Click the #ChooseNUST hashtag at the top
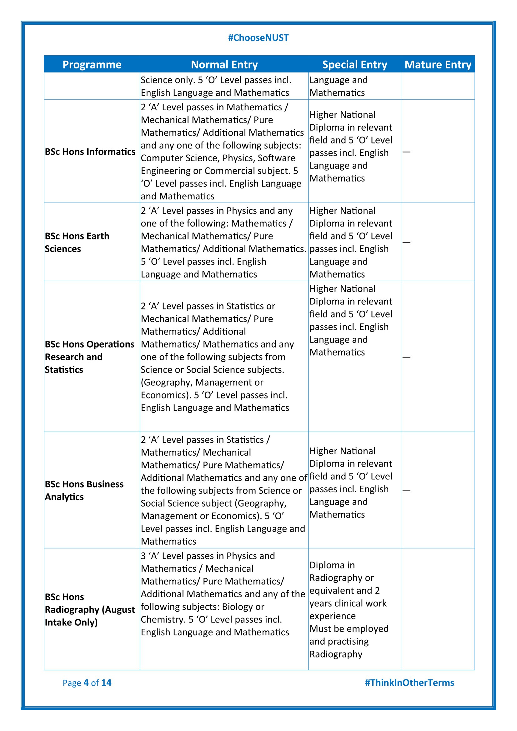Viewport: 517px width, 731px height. pyautogui.click(x=258, y=38)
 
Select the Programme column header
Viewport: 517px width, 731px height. pyautogui.click(x=92, y=65)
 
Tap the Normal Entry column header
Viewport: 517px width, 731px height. pyautogui.click(x=224, y=65)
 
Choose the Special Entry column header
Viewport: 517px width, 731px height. pyautogui.click(x=355, y=65)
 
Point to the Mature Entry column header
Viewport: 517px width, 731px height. pyautogui.click(x=438, y=65)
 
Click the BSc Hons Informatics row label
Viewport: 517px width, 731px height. pyautogui.click(x=90, y=152)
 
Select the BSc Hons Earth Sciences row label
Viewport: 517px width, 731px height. pyautogui.click(x=77, y=242)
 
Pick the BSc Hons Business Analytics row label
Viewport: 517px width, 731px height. pyautogui.click(x=84, y=490)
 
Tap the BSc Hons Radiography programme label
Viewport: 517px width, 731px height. pyautogui.click(x=90, y=609)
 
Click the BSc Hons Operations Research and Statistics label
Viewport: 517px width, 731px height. pyautogui.click(x=89, y=357)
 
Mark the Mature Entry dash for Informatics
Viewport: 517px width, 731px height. pyautogui.click(x=406, y=152)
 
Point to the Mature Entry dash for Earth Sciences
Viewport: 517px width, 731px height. pyautogui.click(x=406, y=243)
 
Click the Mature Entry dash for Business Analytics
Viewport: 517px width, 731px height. pyautogui.click(x=406, y=491)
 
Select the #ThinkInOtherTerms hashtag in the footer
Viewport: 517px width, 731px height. pyautogui.click(x=409, y=683)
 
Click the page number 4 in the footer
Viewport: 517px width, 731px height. pyautogui.click(x=86, y=683)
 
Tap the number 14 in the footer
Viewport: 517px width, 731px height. pyautogui.click(x=106, y=683)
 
